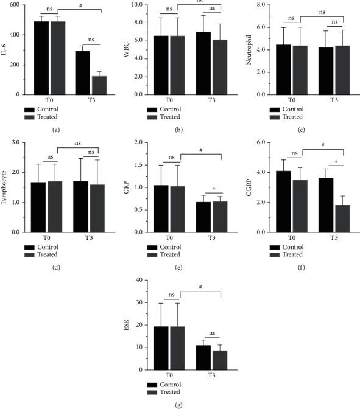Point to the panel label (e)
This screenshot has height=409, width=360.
(x=178, y=266)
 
